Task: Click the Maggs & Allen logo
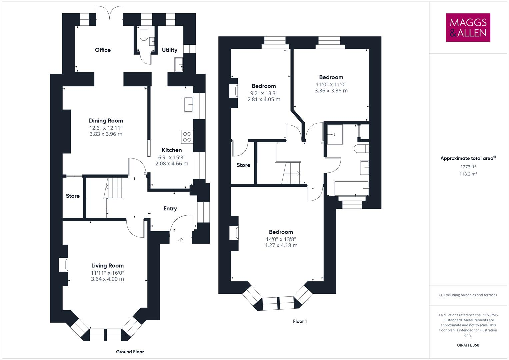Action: (468, 27)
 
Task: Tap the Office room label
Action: (103, 50)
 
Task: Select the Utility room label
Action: (169, 50)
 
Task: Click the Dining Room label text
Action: (106, 121)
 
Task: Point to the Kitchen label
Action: (172, 150)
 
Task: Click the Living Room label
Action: (107, 266)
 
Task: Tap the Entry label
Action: (170, 209)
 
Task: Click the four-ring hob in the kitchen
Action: (187, 137)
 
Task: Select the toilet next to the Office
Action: (144, 34)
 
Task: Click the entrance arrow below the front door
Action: (181, 239)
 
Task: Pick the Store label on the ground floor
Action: (73, 196)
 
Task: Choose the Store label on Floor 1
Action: (243, 165)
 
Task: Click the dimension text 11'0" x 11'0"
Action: (331, 85)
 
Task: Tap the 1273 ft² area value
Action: (468, 167)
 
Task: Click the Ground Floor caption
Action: (130, 352)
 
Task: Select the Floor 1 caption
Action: (300, 321)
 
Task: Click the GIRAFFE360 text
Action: (468, 345)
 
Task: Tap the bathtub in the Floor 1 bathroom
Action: (351, 189)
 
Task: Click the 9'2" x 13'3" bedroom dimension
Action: (264, 93)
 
